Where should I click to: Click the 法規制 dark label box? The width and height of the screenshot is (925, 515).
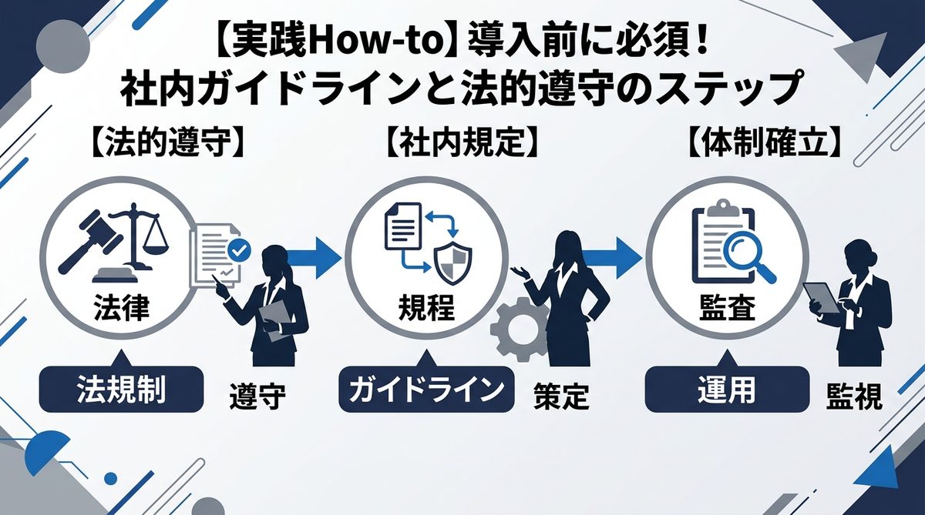pyautogui.click(x=121, y=390)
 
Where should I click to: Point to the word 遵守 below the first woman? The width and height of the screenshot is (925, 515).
pyautogui.click(x=257, y=396)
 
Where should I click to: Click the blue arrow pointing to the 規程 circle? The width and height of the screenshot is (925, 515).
pyautogui.click(x=316, y=255)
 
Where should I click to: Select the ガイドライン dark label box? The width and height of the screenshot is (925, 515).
pyautogui.click(x=426, y=390)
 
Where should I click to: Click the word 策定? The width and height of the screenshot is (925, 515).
pyautogui.click(x=561, y=396)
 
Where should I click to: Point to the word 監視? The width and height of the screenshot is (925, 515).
pyautogui.click(x=853, y=396)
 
